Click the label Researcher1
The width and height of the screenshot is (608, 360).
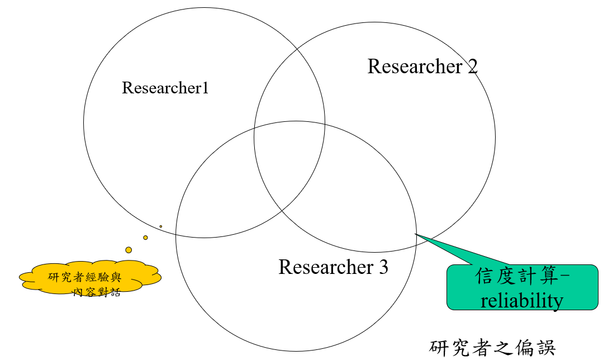tap(165, 88)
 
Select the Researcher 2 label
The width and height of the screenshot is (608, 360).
tap(422, 67)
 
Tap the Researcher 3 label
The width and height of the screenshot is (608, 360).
tap(333, 267)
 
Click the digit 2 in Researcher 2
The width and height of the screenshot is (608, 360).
tap(473, 67)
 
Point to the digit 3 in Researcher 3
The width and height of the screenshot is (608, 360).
tap(383, 267)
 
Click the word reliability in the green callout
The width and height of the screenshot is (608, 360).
tap(521, 300)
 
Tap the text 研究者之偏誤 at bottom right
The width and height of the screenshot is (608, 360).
tap(492, 348)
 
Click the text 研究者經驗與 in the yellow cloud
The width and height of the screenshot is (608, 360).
tap(85, 277)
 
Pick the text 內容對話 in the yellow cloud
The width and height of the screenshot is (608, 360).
tap(97, 292)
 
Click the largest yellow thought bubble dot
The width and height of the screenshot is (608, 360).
tap(129, 250)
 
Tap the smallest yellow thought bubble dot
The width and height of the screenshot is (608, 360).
tap(160, 226)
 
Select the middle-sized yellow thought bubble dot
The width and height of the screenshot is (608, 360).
tap(145, 238)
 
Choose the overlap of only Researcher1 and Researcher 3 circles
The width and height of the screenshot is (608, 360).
tap(225, 202)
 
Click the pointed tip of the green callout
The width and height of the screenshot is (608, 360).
tap(415, 234)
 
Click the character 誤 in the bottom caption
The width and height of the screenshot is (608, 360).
tap(546, 348)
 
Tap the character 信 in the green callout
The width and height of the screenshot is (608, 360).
tap(485, 276)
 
